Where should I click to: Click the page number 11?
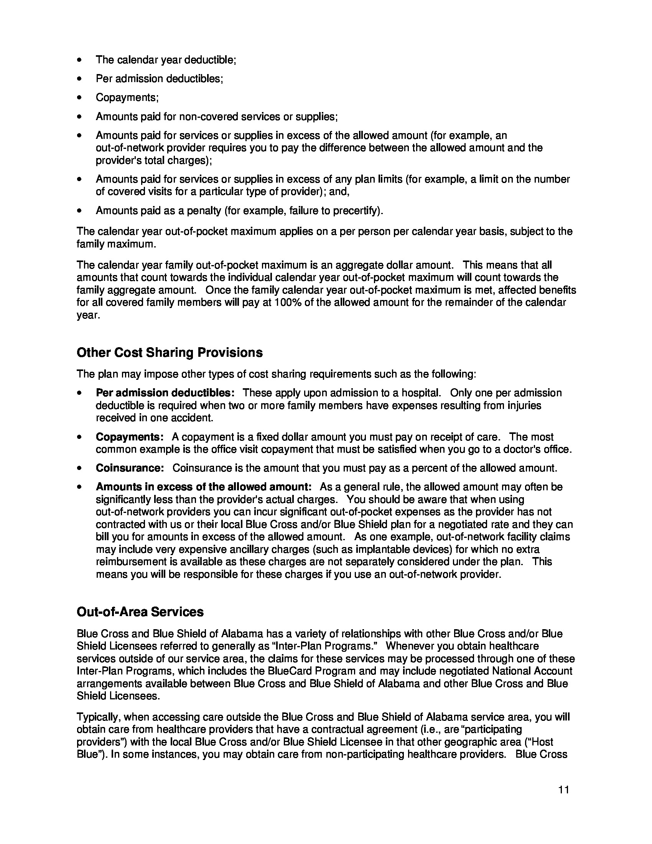click(x=563, y=789)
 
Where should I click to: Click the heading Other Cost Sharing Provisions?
click(x=169, y=353)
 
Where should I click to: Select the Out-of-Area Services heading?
click(x=140, y=612)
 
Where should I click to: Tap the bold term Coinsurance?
click(x=130, y=468)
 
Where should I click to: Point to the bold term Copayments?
click(x=129, y=437)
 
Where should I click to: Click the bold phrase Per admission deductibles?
click(x=165, y=393)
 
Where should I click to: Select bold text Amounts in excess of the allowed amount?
click(x=203, y=487)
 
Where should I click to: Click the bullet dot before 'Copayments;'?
click(x=79, y=98)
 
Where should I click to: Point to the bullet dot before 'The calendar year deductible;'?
click(x=79, y=60)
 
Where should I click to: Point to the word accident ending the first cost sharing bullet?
click(x=193, y=418)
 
